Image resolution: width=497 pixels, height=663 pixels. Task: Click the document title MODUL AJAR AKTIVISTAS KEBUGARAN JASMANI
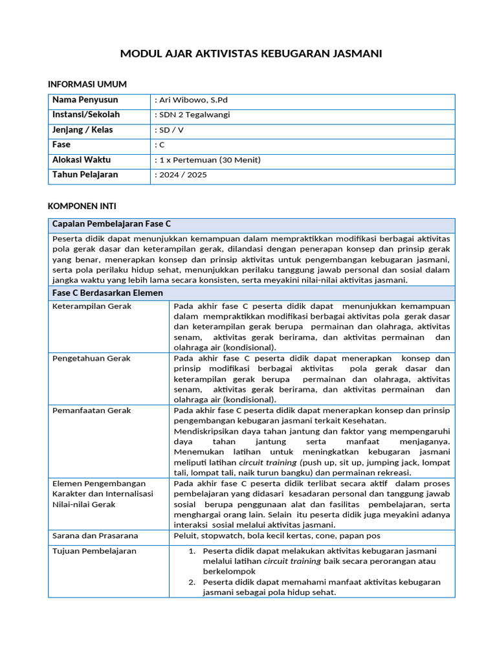[x=251, y=54]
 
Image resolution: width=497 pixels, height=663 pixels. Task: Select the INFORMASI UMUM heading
[x=87, y=84]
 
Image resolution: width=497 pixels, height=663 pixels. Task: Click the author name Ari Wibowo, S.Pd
[x=191, y=100]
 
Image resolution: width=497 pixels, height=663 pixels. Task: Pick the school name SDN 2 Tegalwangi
[x=192, y=115]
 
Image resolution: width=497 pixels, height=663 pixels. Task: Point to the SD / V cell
[x=170, y=130]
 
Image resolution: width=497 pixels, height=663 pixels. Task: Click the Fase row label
[x=61, y=145]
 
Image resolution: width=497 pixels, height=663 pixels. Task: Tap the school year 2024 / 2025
[x=181, y=175]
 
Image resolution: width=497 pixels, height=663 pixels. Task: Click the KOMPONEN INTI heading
[x=82, y=207]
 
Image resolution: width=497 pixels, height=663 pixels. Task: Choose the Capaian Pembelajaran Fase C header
[x=111, y=224]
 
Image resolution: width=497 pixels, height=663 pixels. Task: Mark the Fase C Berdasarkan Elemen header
[x=107, y=293]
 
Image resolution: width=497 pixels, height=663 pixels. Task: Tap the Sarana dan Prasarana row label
[x=95, y=536]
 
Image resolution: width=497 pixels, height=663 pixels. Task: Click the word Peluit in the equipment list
[x=185, y=536]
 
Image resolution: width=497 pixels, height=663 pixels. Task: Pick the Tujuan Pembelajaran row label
[x=94, y=551]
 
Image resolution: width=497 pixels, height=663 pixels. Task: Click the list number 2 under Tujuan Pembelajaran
[x=192, y=582]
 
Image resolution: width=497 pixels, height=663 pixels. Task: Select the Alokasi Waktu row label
[x=82, y=160]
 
